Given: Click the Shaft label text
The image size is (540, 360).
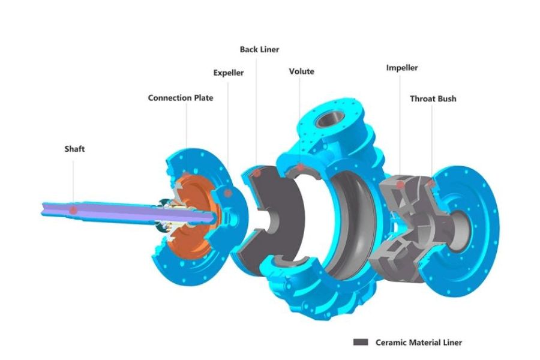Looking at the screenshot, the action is point(74,149).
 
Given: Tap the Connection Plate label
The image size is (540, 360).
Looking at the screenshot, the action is point(181,98).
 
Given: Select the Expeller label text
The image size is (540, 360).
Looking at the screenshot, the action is point(229,73).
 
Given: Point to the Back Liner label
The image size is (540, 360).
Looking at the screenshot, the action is point(259,50).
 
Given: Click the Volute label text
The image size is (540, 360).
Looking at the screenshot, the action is point(301,71).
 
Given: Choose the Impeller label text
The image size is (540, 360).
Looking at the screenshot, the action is point(402,68).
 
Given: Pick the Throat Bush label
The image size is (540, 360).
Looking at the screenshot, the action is point(433,99).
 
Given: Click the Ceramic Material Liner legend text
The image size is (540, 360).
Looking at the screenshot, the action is point(418,343).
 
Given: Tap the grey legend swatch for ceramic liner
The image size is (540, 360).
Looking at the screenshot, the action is point(361,342).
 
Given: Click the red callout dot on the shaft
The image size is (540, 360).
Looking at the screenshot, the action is point(73,211).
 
